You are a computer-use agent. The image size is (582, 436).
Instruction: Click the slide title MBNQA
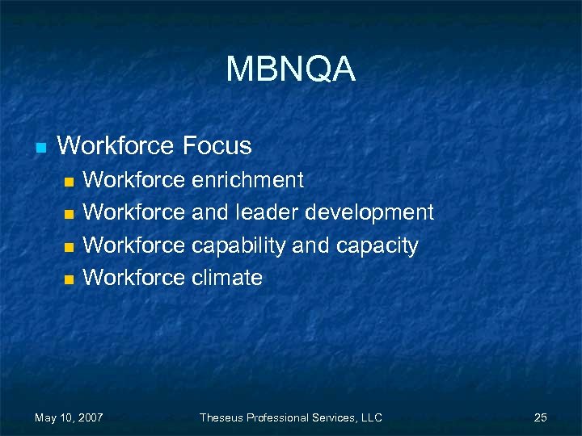(x=290, y=69)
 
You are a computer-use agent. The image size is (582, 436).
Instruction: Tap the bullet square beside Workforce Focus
(x=39, y=148)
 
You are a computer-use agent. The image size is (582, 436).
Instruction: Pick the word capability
(x=238, y=245)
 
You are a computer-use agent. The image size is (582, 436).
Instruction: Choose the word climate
(x=227, y=278)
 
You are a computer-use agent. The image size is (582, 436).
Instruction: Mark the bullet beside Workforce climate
(x=70, y=279)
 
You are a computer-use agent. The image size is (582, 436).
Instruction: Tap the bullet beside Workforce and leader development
(x=70, y=214)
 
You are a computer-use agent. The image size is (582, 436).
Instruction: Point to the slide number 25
(x=541, y=417)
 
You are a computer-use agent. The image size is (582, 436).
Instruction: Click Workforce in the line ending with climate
(x=134, y=278)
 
